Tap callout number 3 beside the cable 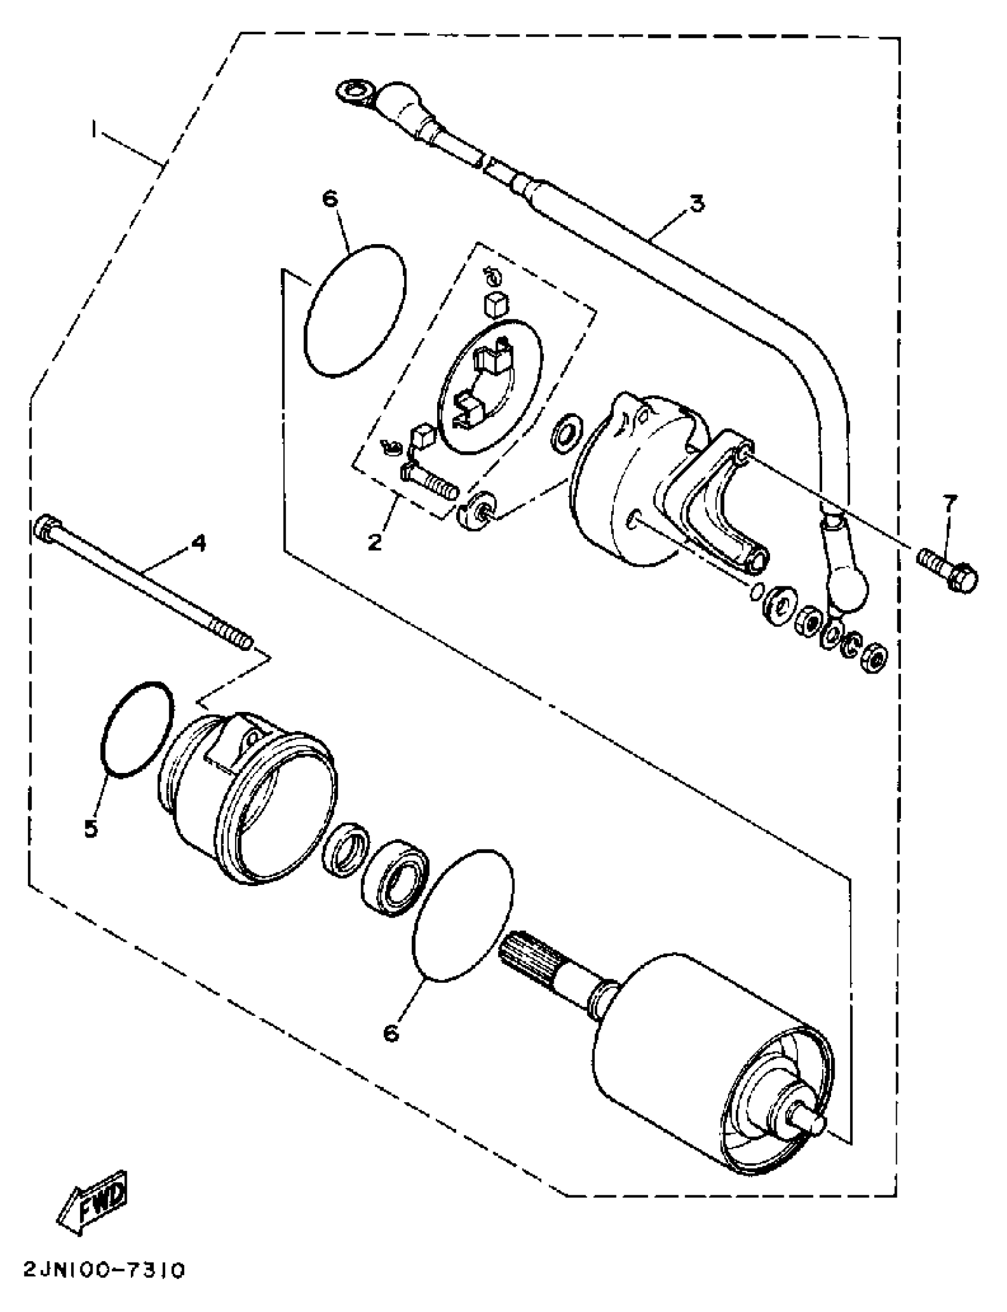click(696, 204)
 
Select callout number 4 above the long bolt click(198, 544)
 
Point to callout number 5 click(91, 829)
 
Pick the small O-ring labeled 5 click(138, 730)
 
